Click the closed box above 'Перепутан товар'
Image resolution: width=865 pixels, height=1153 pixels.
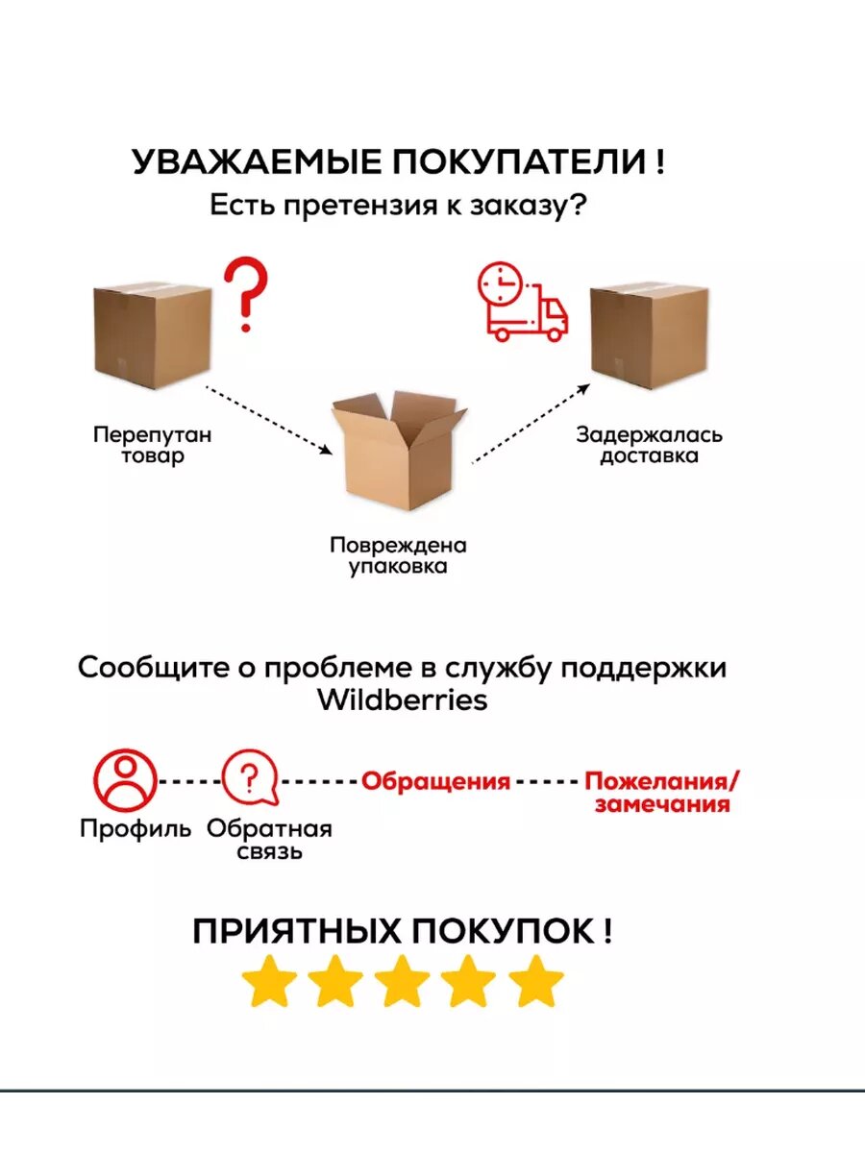click(152, 336)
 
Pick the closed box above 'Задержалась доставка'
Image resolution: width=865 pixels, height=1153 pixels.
click(649, 336)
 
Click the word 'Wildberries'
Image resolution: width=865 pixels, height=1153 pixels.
click(402, 699)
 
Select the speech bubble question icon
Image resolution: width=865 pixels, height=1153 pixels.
click(249, 779)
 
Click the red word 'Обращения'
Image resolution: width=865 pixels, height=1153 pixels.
click(435, 780)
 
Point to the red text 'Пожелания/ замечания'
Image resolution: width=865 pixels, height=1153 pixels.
click(663, 792)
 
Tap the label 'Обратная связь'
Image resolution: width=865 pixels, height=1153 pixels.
click(269, 840)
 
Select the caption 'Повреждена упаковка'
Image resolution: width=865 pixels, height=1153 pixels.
click(398, 555)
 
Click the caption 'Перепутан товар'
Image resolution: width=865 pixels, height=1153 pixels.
click(152, 445)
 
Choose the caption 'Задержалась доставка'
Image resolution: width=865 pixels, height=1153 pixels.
click(649, 445)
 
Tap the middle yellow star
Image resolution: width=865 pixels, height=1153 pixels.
click(401, 981)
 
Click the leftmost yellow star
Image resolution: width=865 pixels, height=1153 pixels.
click(268, 981)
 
